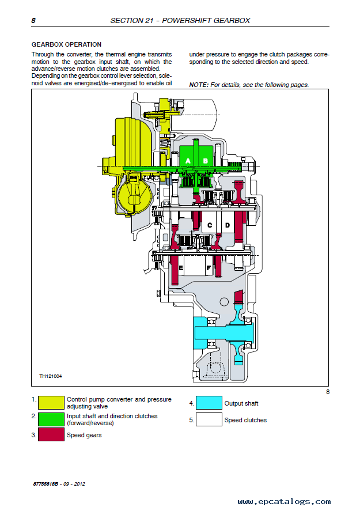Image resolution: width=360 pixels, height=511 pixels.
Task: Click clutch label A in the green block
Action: (188, 161)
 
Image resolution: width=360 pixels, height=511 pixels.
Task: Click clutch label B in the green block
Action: (206, 161)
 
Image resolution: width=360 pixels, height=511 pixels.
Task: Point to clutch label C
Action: (210, 225)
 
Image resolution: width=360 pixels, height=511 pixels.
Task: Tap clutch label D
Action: (228, 225)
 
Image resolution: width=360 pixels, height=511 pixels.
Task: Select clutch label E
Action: (181, 268)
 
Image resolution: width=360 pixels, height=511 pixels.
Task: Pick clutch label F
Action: (209, 268)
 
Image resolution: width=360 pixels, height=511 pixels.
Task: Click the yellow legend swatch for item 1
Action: (51, 403)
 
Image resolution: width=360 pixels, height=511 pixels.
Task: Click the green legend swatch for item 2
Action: (51, 419)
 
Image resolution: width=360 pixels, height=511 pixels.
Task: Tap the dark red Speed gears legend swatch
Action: (51, 434)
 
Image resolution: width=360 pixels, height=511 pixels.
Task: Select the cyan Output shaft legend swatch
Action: (209, 403)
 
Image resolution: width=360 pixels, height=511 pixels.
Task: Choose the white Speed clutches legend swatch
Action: (209, 419)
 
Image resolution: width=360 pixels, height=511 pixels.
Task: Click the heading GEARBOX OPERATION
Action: (66, 44)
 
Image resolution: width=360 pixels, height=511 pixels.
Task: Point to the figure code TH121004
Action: (51, 376)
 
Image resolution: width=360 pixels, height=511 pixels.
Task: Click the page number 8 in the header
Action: (33, 21)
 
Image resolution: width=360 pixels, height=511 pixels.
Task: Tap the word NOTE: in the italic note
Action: (199, 85)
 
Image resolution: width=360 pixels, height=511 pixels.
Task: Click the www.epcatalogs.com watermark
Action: (284, 502)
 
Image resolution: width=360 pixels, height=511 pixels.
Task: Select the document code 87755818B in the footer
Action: (46, 484)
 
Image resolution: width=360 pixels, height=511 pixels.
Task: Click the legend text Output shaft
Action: (241, 403)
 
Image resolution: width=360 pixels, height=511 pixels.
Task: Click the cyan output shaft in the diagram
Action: (224, 333)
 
